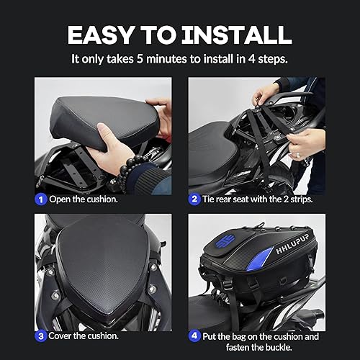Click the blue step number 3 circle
(42, 335)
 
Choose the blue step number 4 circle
(195, 335)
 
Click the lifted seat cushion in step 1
(94, 115)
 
